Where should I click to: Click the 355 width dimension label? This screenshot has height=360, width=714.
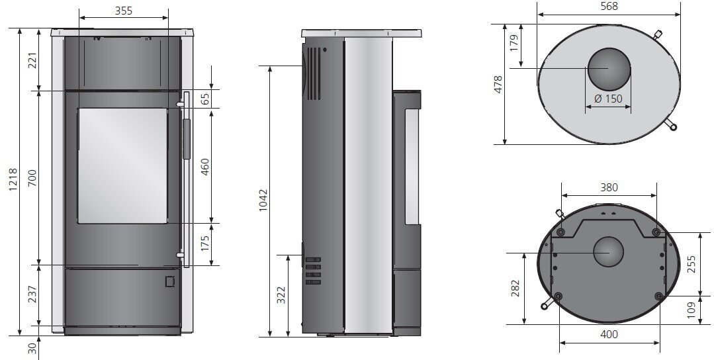pyautogui.click(x=123, y=10)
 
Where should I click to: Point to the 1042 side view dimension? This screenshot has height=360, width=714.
pyautogui.click(x=264, y=199)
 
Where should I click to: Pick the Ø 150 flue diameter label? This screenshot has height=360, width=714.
pyautogui.click(x=608, y=99)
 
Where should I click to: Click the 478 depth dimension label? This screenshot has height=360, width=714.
pyautogui.click(x=498, y=85)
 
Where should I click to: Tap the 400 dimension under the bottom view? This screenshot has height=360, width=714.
pyautogui.click(x=609, y=334)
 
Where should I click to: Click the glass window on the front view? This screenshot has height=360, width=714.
pyautogui.click(x=122, y=165)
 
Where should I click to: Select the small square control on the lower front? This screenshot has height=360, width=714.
pyautogui.click(x=169, y=281)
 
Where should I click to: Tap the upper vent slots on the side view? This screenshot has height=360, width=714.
pyautogui.click(x=314, y=72)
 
